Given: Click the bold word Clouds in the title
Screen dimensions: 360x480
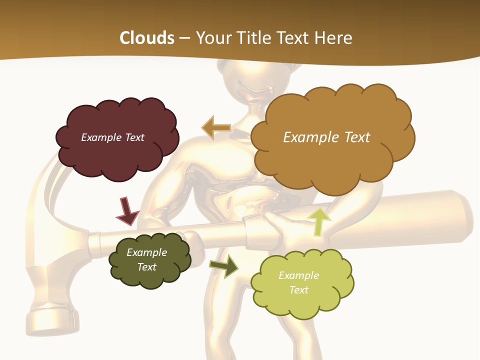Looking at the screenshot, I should (x=147, y=38).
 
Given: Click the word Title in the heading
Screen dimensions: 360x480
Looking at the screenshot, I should (x=254, y=38).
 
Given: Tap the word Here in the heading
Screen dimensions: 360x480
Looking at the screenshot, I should (x=334, y=38).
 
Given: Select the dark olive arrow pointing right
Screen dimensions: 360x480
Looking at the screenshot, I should (x=224, y=266).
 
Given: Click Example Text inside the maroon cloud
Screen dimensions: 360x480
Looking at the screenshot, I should (x=112, y=137).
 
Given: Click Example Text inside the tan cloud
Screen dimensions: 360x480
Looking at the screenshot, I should (x=326, y=137).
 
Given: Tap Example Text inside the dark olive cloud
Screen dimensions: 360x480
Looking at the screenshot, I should (x=146, y=259).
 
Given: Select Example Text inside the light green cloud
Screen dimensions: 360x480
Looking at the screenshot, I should (x=298, y=282).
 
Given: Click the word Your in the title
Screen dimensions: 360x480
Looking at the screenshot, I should (x=215, y=38).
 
